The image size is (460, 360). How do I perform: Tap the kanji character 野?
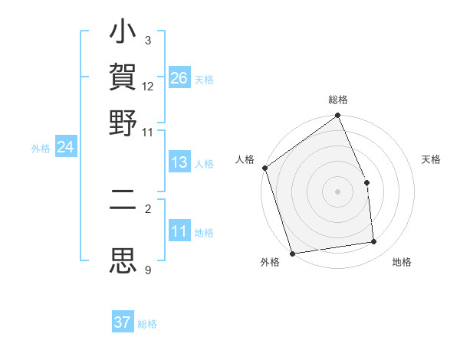[123, 123]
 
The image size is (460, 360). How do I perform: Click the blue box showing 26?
[179, 78]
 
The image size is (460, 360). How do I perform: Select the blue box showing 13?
[179, 162]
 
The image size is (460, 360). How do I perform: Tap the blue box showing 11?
[179, 231]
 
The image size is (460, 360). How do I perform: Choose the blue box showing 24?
[65, 147]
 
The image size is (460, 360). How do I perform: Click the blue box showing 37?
[123, 322]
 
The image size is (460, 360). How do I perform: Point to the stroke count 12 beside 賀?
[148, 87]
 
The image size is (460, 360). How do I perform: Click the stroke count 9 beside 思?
[148, 270]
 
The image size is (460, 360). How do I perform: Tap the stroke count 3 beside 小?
[147, 40]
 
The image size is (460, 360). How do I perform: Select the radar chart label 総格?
[338, 100]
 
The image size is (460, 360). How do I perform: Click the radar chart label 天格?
[431, 159]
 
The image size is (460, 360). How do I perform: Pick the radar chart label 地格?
[402, 262]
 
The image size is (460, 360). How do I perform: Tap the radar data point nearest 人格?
[264, 168]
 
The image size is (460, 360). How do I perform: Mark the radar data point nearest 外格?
[292, 253]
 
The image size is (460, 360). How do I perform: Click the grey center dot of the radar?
[338, 191]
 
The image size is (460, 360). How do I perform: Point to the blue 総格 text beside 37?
[147, 324]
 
